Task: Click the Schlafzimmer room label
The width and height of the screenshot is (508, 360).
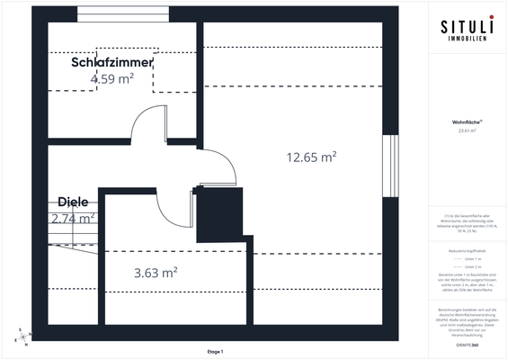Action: click(x=112, y=63)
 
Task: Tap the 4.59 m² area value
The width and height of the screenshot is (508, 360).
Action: click(x=112, y=79)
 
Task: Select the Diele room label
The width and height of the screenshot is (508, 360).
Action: click(x=73, y=202)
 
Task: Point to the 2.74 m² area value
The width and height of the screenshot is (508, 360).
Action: click(x=74, y=218)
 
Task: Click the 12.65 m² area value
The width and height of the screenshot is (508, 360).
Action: click(x=311, y=157)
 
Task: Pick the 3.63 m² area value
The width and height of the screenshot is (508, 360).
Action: click(x=156, y=272)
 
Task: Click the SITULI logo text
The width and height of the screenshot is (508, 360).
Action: click(x=465, y=28)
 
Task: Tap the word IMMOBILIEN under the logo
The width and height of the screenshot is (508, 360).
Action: click(x=465, y=40)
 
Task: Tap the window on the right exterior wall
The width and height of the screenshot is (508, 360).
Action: click(x=389, y=167)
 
